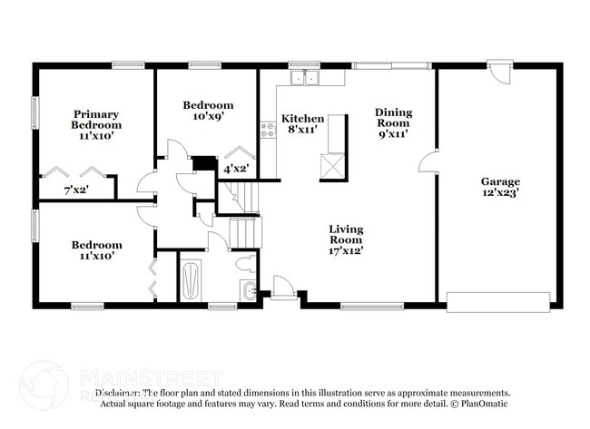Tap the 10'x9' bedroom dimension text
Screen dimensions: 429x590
pyautogui.click(x=208, y=117)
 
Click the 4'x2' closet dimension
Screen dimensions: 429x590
pyautogui.click(x=236, y=168)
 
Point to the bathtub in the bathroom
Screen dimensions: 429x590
pyautogui.click(x=191, y=279)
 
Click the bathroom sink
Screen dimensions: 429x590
pyautogui.click(x=249, y=290)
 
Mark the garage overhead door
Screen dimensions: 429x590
pyautogui.click(x=498, y=300)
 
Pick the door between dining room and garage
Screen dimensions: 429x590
pyautogui.click(x=428, y=164)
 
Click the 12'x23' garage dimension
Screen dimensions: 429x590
pyautogui.click(x=500, y=192)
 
